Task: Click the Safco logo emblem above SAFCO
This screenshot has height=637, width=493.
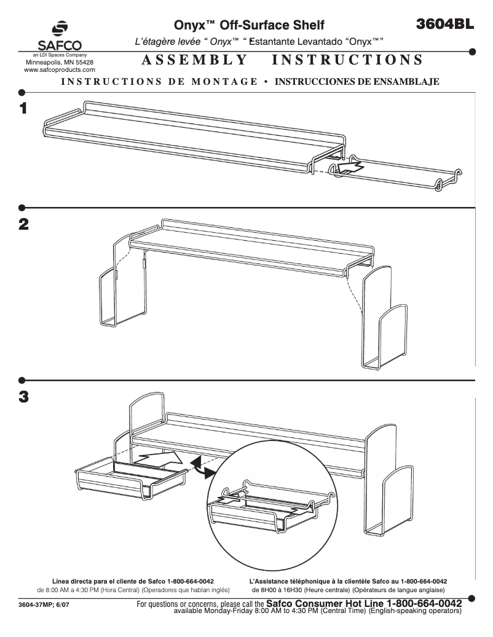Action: click(x=59, y=30)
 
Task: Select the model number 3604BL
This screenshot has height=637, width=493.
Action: click(x=444, y=24)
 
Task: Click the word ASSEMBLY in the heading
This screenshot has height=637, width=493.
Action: click(x=194, y=60)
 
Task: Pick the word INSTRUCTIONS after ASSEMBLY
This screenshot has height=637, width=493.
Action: click(x=347, y=60)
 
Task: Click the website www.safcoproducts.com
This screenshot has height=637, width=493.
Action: click(x=59, y=70)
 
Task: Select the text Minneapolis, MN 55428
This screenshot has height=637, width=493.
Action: click(x=59, y=63)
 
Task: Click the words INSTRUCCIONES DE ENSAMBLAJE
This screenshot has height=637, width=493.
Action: click(x=357, y=82)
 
